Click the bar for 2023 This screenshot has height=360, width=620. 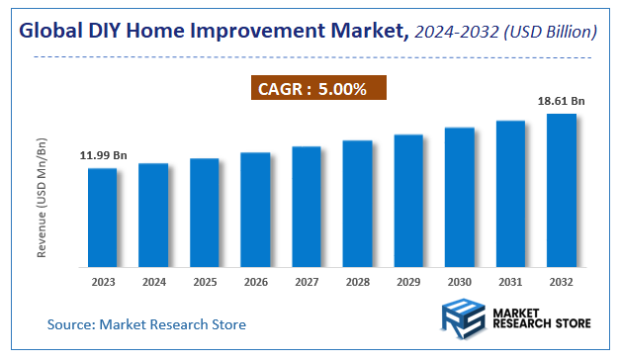(x=102, y=218)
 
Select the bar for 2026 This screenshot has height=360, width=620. (x=255, y=210)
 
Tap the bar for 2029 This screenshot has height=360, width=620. (x=408, y=201)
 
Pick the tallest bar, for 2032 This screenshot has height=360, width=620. (x=562, y=190)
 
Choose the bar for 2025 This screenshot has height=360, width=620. (x=204, y=213)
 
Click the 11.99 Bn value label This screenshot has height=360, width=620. (x=104, y=155)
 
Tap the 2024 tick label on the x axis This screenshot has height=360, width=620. (x=153, y=282)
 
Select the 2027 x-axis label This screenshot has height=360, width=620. (x=307, y=282)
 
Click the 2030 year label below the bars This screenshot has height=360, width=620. (x=460, y=282)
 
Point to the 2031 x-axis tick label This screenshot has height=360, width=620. (x=511, y=282)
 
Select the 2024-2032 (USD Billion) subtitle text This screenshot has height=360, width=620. (x=507, y=33)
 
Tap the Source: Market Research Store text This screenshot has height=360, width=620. (x=146, y=324)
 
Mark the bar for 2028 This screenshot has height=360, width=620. (x=357, y=204)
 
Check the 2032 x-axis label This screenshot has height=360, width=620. (x=562, y=282)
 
